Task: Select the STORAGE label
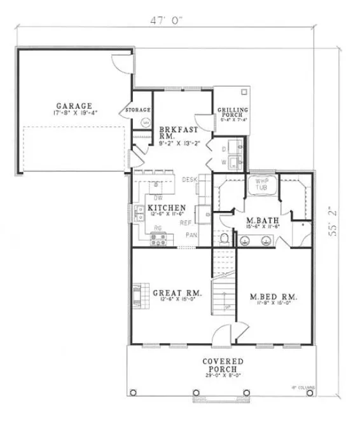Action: [x=139, y=110]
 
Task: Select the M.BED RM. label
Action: [x=273, y=297]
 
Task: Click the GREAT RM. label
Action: [x=177, y=294]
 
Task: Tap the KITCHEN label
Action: [x=167, y=208]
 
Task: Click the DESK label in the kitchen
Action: [x=190, y=180]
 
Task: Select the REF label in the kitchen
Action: [x=186, y=223]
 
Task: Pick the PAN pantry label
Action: [x=190, y=236]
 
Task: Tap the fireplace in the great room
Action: [x=137, y=296]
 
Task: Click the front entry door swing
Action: [x=223, y=334]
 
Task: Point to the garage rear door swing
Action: [x=121, y=62]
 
